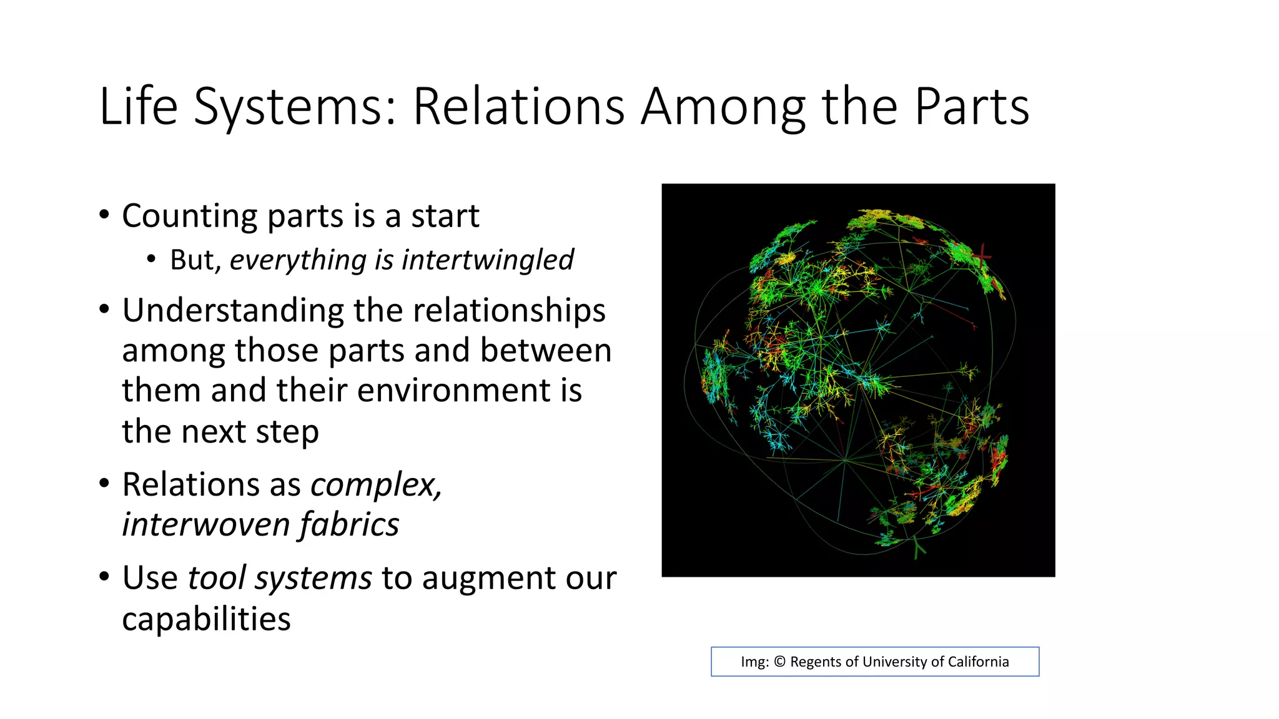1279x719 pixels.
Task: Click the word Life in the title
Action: click(x=138, y=106)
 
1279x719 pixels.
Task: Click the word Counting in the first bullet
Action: click(x=189, y=217)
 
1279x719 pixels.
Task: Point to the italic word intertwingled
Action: click(x=488, y=260)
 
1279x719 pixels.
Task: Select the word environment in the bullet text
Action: click(x=455, y=391)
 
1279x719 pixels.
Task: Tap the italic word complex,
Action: click(x=377, y=484)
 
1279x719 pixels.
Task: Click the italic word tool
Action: click(x=217, y=578)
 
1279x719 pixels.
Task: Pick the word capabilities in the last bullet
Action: click(x=206, y=619)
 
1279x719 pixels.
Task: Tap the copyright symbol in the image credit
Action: click(x=779, y=662)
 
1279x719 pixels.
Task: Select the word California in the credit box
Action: click(x=978, y=662)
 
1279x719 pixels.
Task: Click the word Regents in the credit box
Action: click(x=814, y=662)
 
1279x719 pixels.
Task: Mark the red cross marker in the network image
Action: click(x=982, y=256)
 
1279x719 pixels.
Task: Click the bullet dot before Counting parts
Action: click(x=104, y=215)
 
